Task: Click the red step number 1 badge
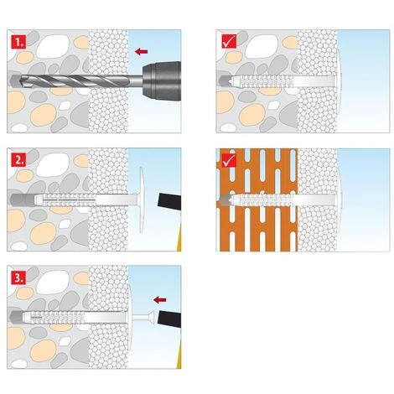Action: (18, 42)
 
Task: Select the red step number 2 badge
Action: (18, 159)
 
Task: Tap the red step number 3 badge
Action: (18, 277)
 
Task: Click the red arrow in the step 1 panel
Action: (141, 51)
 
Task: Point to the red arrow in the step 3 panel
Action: (160, 300)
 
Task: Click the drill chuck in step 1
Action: (162, 81)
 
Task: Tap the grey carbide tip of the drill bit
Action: (14, 81)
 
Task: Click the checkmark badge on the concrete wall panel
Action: (229, 42)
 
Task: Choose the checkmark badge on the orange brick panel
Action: (229, 160)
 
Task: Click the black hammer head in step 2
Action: (169, 200)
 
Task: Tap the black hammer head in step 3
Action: (169, 319)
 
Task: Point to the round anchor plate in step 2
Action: (141, 200)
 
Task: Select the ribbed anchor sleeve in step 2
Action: (65, 200)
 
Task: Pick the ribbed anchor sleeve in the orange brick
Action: (262, 200)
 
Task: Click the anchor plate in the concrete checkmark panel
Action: (339, 81)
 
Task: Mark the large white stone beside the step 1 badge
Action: (53, 47)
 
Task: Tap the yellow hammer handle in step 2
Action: (179, 237)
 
